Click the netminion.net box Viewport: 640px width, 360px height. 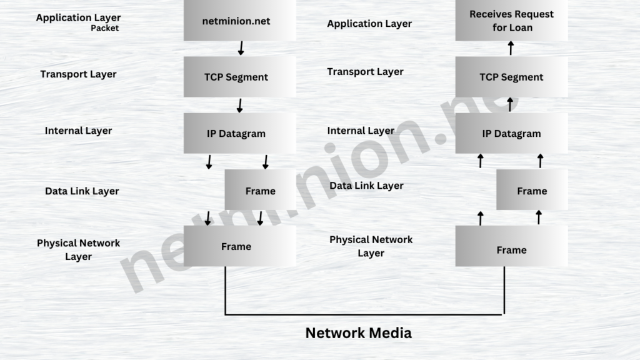[x=239, y=21]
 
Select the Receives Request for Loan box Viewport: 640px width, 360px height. [x=511, y=21]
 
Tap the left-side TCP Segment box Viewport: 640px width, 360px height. [x=239, y=77]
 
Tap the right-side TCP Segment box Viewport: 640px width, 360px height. [x=511, y=77]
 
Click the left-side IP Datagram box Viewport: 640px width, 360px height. [x=239, y=133]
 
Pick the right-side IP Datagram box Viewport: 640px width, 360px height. [x=511, y=133]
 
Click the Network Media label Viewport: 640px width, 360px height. [x=358, y=332]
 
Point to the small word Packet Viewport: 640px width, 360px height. [x=104, y=28]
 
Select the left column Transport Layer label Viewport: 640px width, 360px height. [x=78, y=74]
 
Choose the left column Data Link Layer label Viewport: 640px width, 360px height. [x=82, y=191]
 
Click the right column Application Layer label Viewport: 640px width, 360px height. [x=369, y=24]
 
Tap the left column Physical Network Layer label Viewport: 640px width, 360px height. [x=78, y=249]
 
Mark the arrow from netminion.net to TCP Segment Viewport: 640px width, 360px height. [x=241, y=48]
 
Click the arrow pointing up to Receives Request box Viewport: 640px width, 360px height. [x=511, y=48]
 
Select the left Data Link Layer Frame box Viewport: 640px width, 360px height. [x=260, y=190]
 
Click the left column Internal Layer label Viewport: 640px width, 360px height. [x=78, y=131]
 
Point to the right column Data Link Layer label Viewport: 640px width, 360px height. [x=366, y=186]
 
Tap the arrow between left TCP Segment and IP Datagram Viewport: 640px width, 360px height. [x=240, y=104]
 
